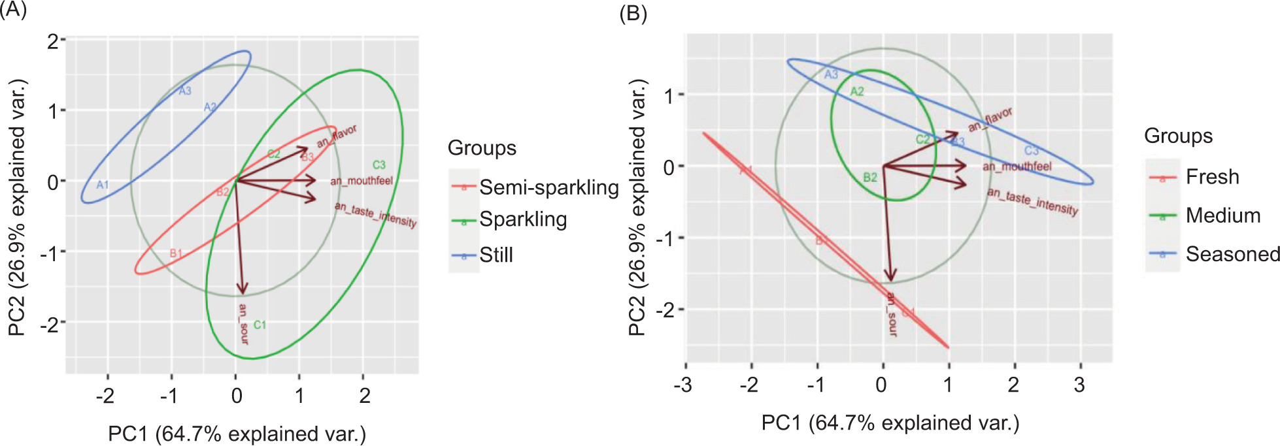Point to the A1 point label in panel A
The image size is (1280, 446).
point(103,185)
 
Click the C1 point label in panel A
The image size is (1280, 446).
point(260,325)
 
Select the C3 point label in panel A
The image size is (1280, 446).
point(379,165)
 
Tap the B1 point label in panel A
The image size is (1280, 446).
point(176,253)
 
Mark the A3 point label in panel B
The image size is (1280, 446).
point(831,75)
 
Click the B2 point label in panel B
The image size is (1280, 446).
point(869,178)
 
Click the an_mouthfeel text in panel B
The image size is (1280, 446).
point(1017,167)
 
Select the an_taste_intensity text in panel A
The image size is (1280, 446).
point(375,214)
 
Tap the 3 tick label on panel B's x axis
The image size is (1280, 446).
point(1079,385)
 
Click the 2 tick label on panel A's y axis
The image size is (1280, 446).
point(53,41)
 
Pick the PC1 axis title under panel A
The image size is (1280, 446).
point(237,434)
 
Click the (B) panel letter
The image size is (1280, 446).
point(633,14)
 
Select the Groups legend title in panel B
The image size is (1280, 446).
point(1178,136)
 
